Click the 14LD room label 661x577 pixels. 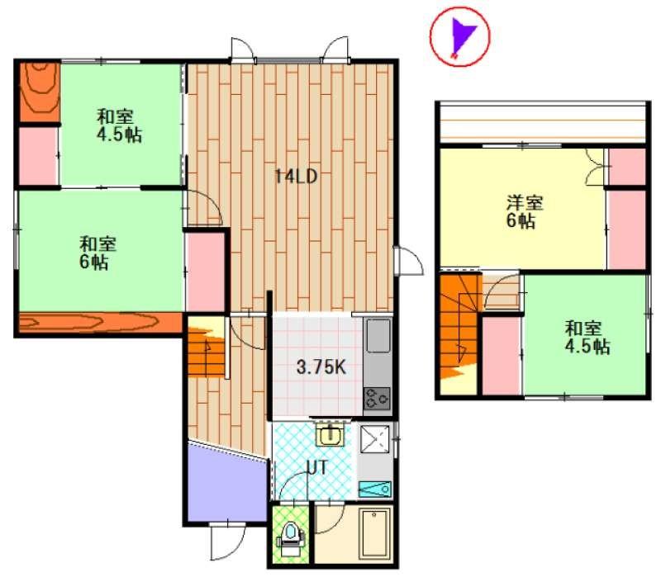[296, 177]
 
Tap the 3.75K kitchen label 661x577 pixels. [321, 367]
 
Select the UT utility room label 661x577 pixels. [316, 467]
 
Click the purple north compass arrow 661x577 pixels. [462, 35]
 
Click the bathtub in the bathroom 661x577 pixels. [374, 532]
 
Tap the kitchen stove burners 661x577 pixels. [377, 399]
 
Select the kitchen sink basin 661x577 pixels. [378, 336]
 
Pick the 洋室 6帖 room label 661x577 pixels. [525, 212]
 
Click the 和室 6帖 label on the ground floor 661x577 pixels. [97, 253]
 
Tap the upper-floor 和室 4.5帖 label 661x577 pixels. [587, 338]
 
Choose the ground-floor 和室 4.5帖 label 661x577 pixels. [118, 125]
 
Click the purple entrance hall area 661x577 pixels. [226, 485]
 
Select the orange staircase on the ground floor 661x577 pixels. [206, 346]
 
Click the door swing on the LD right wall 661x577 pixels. [408, 261]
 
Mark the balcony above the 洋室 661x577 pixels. [543, 123]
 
